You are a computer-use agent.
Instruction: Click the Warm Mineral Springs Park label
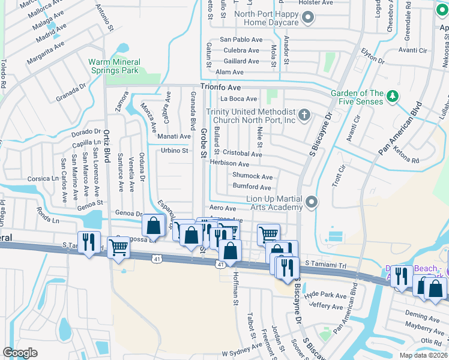tap(114, 66)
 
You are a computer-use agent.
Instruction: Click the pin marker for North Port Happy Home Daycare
tap(309, 18)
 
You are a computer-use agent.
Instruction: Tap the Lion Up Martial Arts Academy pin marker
tap(311, 203)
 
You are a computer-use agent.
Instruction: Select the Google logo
tap(20, 353)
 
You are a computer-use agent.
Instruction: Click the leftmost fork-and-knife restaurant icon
tap(89, 242)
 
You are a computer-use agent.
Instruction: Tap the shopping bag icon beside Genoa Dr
tap(154, 226)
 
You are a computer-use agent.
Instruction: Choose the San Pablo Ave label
tap(241, 40)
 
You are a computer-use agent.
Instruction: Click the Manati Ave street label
tap(174, 136)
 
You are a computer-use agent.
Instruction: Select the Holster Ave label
tap(316, 3)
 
